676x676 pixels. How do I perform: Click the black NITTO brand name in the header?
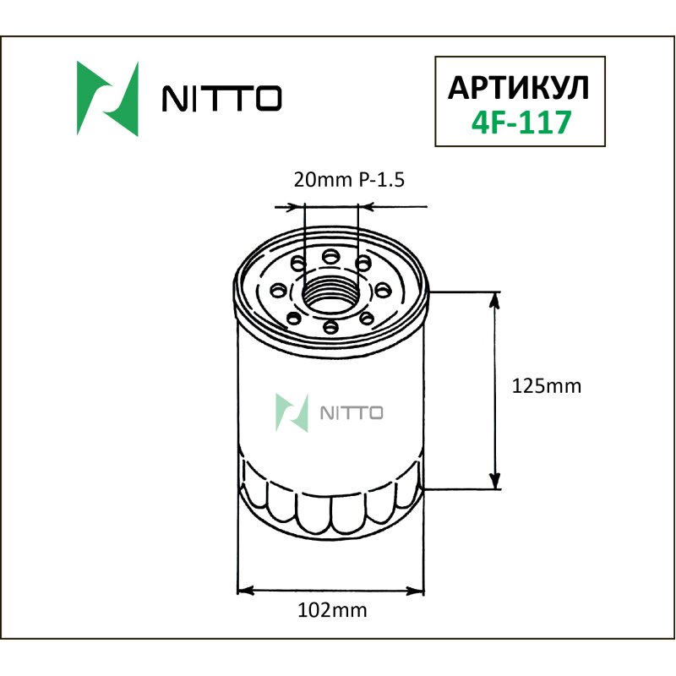221,100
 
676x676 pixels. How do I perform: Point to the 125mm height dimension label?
548,386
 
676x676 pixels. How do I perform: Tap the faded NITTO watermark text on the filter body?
352,412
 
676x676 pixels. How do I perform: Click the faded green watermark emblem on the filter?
292,412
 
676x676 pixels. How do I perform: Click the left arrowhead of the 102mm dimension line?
243,590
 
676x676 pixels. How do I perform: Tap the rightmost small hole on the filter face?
384,290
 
